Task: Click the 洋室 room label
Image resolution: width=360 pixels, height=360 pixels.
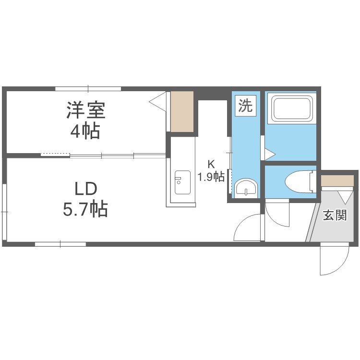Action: (86, 110)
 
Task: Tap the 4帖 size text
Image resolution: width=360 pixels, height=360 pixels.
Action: (85, 131)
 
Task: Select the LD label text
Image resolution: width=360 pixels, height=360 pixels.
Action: (86, 189)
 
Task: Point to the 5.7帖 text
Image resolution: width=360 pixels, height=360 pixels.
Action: (85, 209)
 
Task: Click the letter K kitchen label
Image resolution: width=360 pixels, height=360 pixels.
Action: (211, 164)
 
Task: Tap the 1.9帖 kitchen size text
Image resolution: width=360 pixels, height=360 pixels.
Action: (211, 177)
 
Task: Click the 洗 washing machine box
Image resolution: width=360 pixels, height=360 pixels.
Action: (245, 106)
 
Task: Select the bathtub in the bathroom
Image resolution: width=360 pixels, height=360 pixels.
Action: (291, 109)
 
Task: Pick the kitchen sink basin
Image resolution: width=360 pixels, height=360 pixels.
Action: (182, 182)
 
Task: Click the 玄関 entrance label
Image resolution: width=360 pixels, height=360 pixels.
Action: (335, 216)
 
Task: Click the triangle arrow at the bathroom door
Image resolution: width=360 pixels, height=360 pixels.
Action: (270, 154)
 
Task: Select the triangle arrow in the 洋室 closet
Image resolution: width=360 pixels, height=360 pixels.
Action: (157, 101)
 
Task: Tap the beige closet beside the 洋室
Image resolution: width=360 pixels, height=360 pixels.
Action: (182, 112)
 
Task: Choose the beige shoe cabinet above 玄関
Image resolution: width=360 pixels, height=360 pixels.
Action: (337, 180)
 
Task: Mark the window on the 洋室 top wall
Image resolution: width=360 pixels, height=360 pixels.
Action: (88, 89)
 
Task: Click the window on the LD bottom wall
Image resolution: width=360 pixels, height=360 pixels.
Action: (60, 244)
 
